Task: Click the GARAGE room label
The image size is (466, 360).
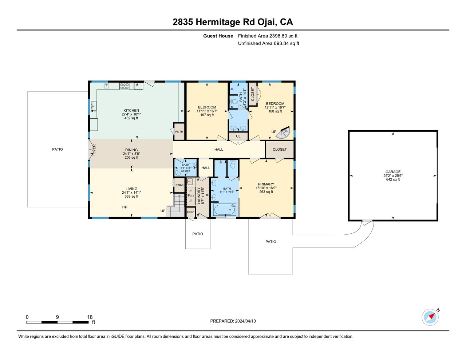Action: tap(393, 172)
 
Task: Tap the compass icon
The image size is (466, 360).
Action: tap(430, 317)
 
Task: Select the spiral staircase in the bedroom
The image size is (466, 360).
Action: tap(283, 132)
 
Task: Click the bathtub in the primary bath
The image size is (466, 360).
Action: tap(225, 210)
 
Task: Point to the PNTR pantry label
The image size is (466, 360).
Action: tap(179, 132)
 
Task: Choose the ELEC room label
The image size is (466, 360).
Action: tap(190, 212)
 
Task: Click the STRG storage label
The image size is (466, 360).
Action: tap(179, 185)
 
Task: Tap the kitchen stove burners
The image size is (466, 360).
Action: tap(125, 86)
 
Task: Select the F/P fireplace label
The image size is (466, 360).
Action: tap(125, 207)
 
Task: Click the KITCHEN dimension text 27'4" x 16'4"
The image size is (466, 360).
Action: tap(131, 115)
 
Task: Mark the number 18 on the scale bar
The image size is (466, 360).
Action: tap(90, 317)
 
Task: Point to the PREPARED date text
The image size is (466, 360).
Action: tap(233, 321)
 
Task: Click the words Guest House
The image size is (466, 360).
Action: tap(218, 36)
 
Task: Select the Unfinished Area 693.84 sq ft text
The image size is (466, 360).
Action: tap(268, 43)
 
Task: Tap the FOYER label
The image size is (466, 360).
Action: tap(94, 150)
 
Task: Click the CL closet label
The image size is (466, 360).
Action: tap(238, 136)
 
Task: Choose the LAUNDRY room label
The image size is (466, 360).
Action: tap(199, 196)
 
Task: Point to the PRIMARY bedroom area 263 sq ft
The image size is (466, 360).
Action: tap(266, 192)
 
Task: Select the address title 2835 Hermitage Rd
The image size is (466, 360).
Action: tap(214, 22)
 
